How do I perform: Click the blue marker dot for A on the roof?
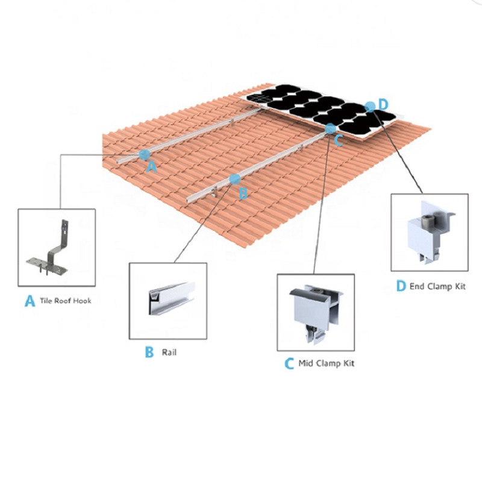click(x=144, y=155)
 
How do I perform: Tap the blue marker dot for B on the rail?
click(x=234, y=179)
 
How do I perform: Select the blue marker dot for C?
click(x=330, y=128)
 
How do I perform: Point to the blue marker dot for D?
click(x=371, y=107)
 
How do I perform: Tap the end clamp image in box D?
click(x=430, y=232)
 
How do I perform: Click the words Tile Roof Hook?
click(x=66, y=301)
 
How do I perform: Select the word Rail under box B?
click(x=169, y=352)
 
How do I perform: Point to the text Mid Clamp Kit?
click(x=327, y=363)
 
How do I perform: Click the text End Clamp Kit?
click(x=437, y=287)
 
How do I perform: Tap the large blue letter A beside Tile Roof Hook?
click(x=30, y=301)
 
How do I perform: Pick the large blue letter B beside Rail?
click(x=149, y=352)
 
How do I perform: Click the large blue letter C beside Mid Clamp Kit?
click(x=289, y=364)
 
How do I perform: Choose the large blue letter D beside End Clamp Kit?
click(x=401, y=286)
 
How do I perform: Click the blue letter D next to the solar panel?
click(x=383, y=104)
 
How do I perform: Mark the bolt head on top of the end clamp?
click(x=427, y=219)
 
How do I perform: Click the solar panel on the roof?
click(x=321, y=111)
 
